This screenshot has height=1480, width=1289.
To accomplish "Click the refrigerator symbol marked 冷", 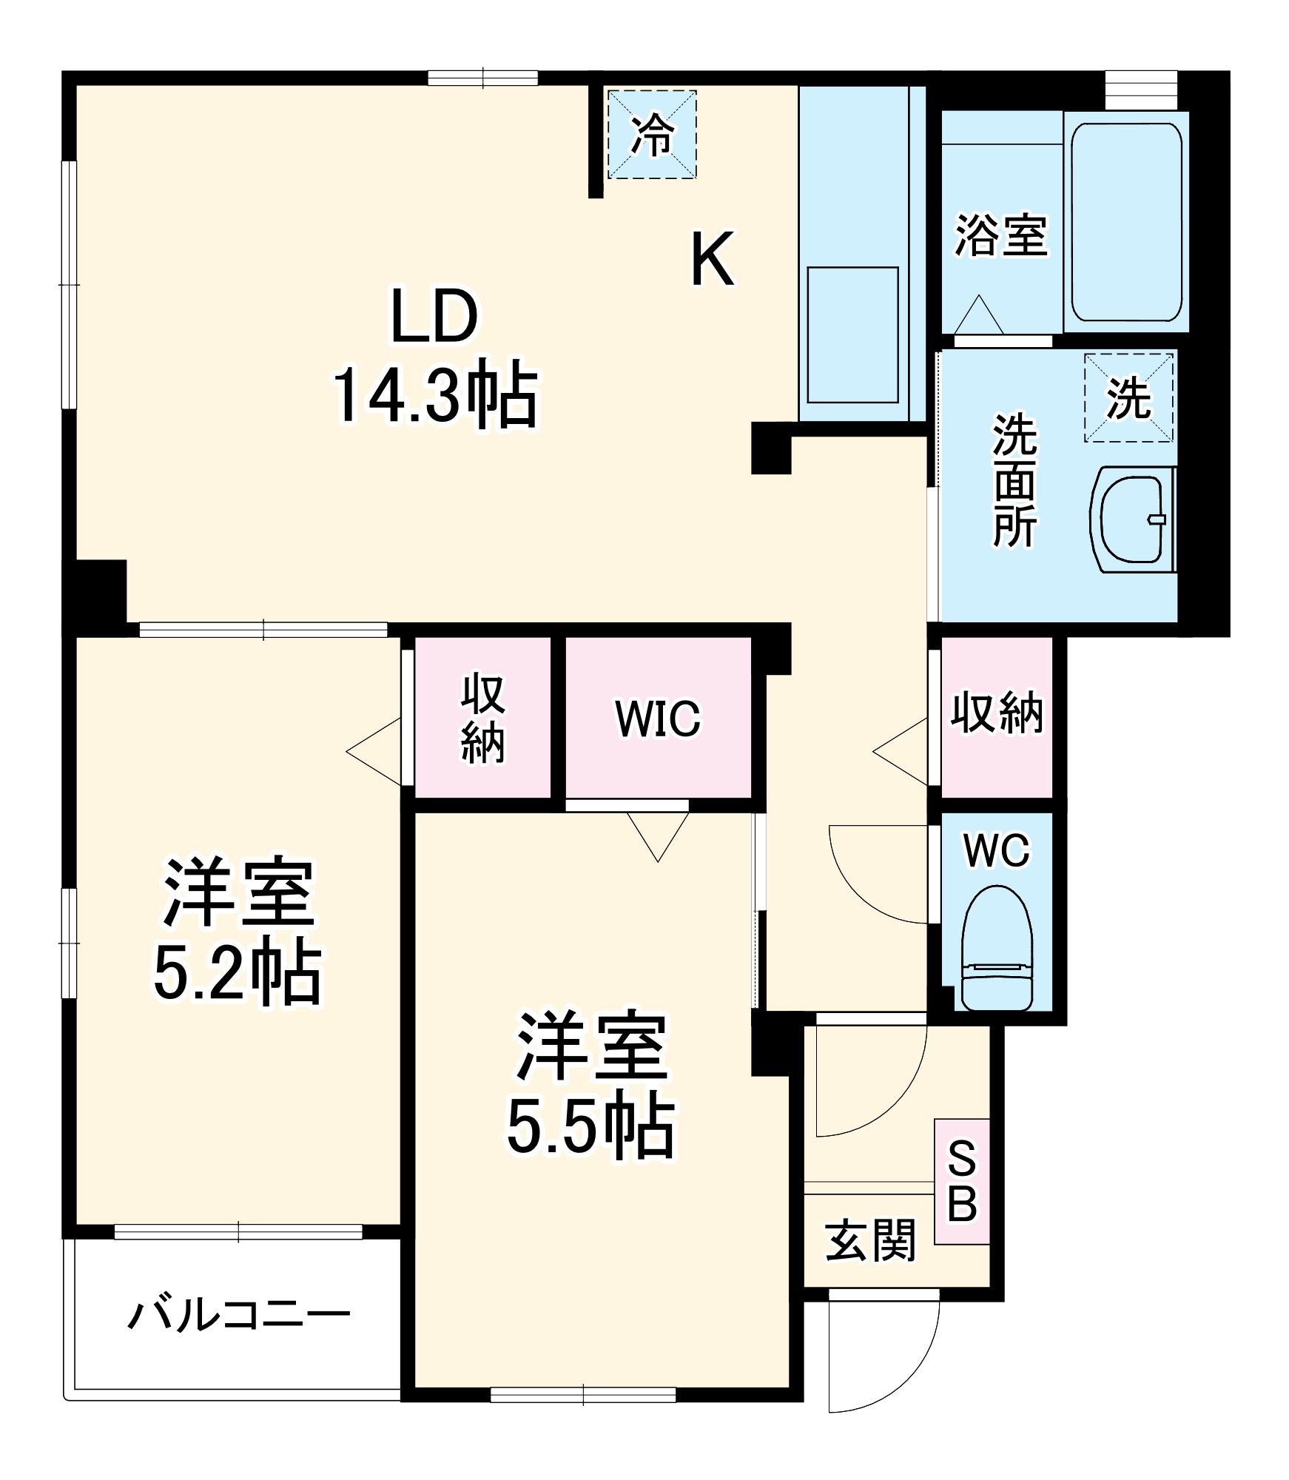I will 652,135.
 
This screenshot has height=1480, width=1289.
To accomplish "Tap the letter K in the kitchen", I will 712,258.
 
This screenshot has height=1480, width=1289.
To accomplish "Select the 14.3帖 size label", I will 435,394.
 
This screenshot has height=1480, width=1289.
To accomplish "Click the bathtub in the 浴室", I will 1126,221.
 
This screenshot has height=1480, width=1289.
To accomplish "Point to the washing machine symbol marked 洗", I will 1128,397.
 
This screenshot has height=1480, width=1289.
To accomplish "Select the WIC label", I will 658,718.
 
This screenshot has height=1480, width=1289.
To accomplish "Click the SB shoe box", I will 962,1181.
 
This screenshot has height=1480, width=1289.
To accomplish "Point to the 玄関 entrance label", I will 871,1240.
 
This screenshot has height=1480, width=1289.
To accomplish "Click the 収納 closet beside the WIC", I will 482,718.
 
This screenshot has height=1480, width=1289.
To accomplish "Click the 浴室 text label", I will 1000,235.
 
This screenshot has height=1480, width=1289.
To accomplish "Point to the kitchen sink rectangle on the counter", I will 852,334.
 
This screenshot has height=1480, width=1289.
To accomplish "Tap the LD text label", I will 434,316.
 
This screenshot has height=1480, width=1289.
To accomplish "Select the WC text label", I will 996,850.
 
